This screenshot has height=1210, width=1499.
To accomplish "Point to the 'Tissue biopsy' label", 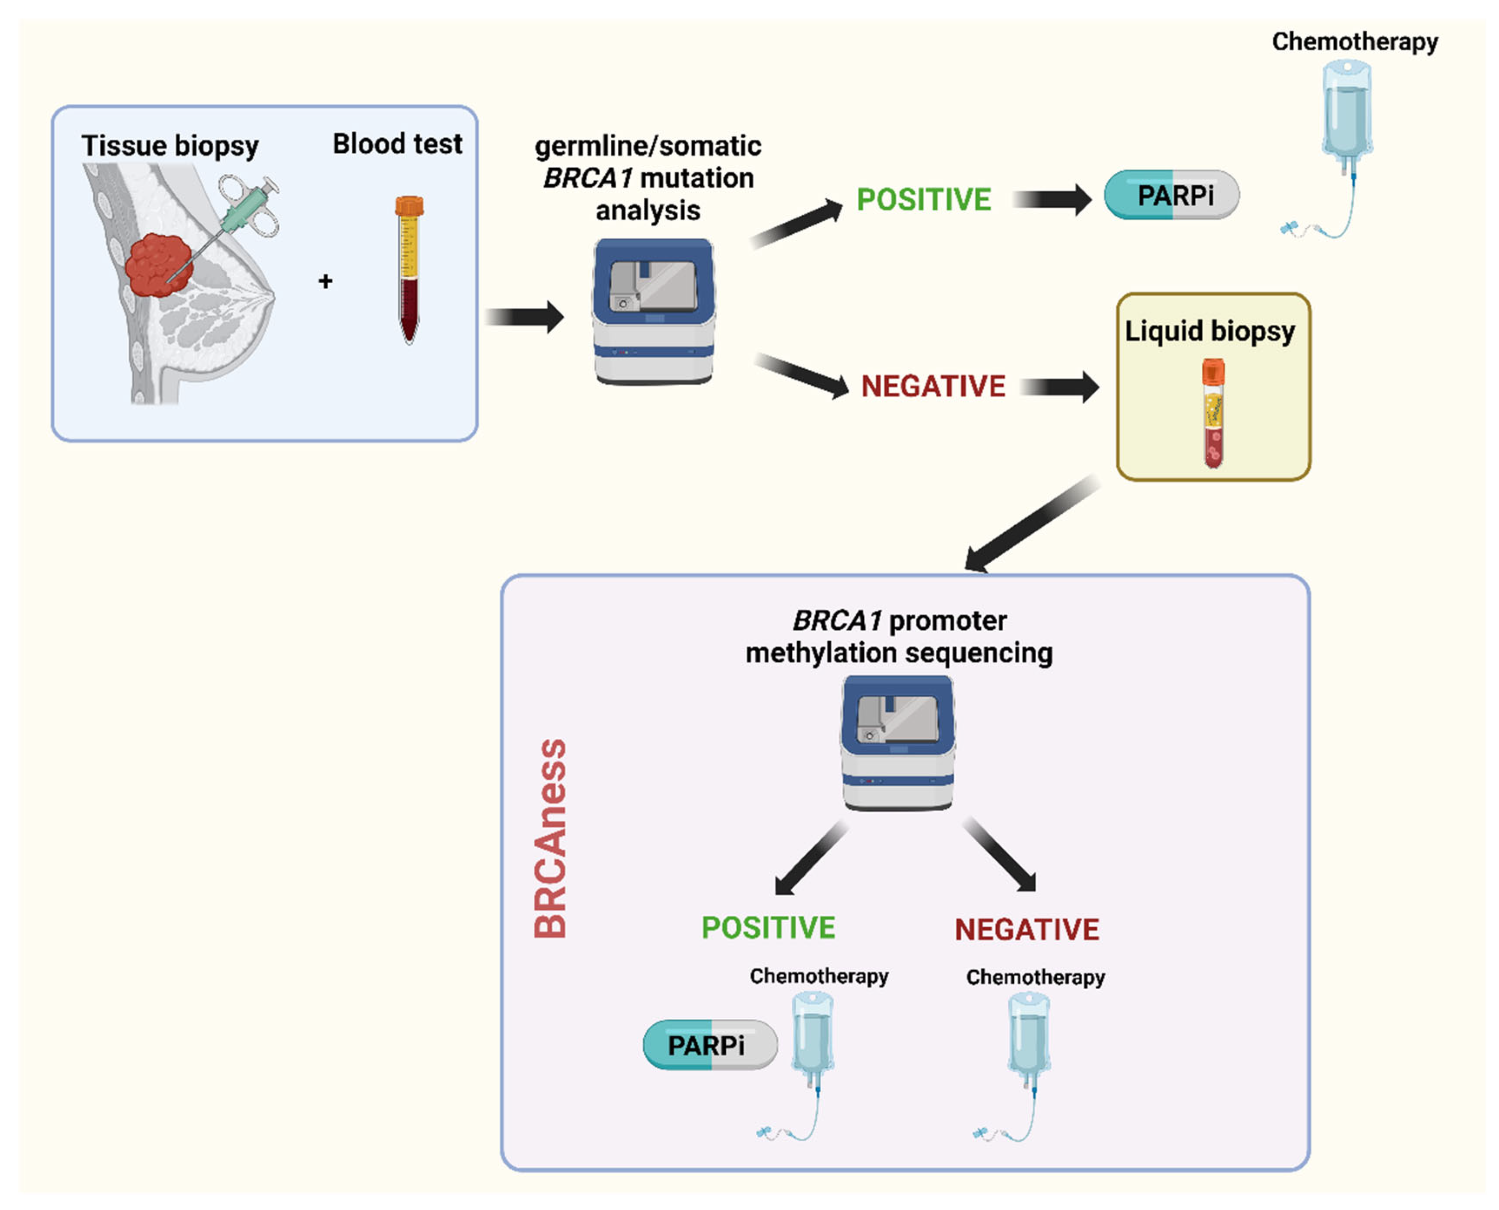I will [x=169, y=146].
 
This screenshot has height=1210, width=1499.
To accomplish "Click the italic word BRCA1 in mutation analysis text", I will [x=586, y=178].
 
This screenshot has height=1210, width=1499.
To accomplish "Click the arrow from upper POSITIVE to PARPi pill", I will [x=1052, y=200].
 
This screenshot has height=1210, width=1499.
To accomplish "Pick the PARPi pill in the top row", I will [x=1172, y=195].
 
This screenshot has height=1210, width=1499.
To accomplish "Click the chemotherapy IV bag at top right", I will [x=1347, y=111].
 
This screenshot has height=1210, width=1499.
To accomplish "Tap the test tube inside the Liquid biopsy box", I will [x=1213, y=413].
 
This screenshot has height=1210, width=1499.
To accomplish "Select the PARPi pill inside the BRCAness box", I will [x=709, y=1045].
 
